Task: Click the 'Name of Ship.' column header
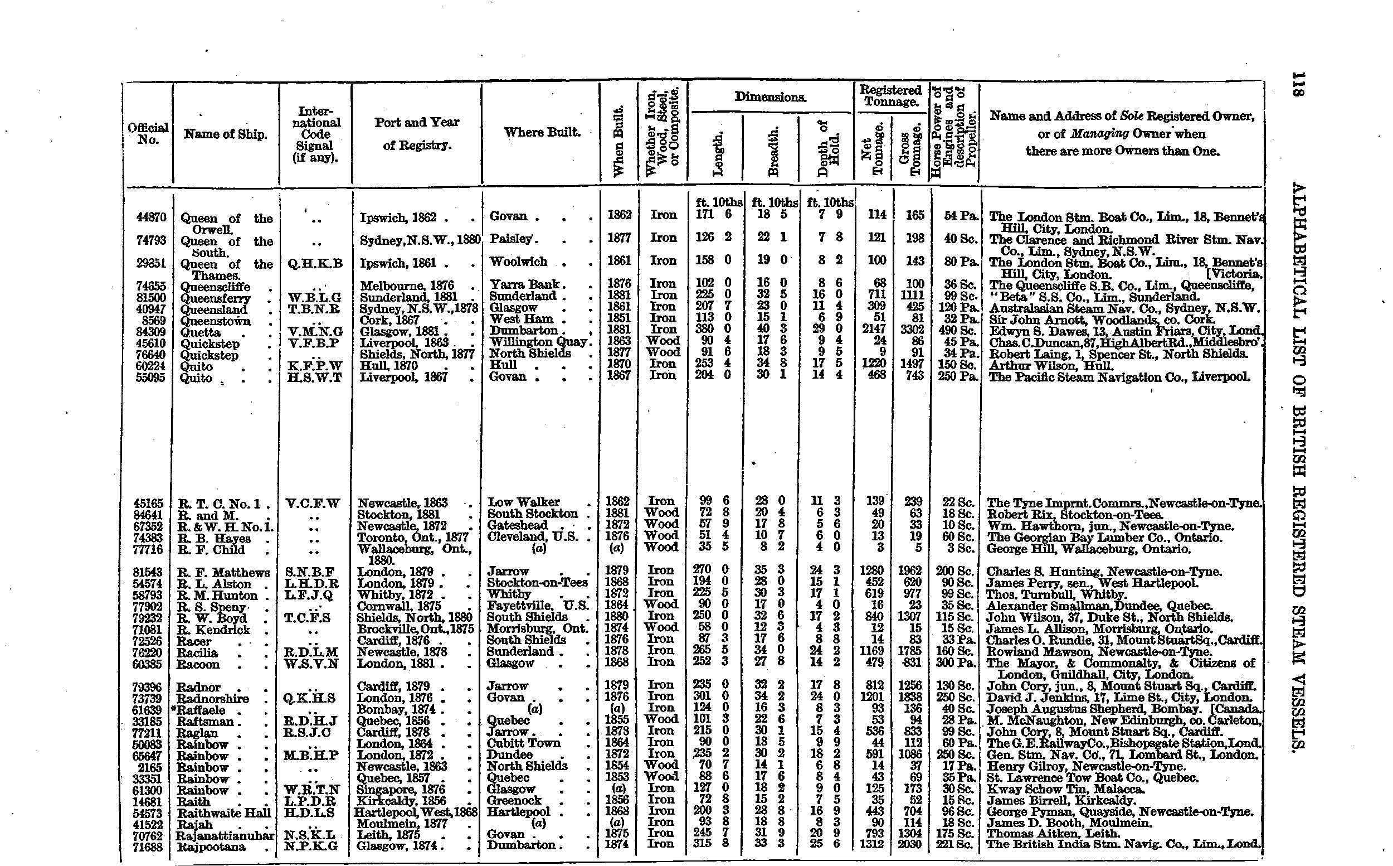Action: [226, 134]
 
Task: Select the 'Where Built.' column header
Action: [542, 132]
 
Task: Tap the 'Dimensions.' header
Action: [770, 98]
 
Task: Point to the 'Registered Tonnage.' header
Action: [890, 96]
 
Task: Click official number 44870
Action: [151, 217]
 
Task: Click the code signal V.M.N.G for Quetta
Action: [315, 331]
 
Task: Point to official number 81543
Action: [148, 572]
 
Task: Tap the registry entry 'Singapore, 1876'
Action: [401, 789]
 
